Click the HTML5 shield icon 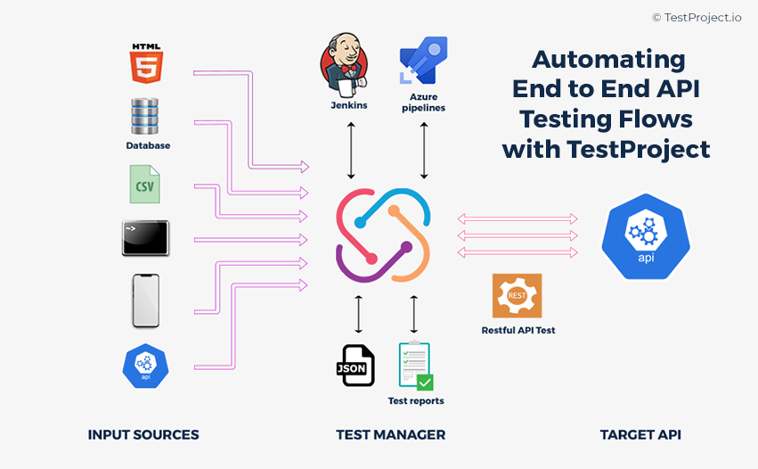click(146, 63)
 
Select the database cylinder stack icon click(146, 117)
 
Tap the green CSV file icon click(146, 185)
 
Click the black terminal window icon click(145, 238)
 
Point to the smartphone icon click(146, 300)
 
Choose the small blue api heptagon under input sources click(146, 366)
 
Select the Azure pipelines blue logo click(423, 61)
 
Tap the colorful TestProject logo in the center click(383, 235)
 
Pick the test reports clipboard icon click(415, 366)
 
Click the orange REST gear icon click(518, 296)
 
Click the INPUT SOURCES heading click(143, 435)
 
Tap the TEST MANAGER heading click(390, 435)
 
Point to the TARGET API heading click(640, 435)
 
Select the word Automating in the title click(608, 60)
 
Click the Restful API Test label click(518, 331)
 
